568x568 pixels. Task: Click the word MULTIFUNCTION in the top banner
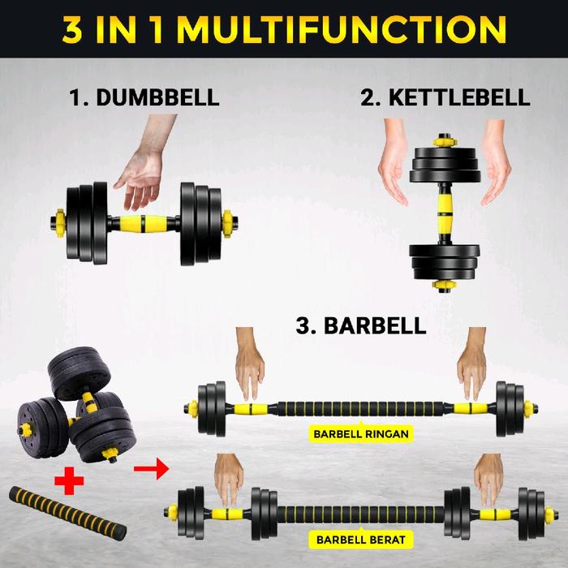[x=341, y=30]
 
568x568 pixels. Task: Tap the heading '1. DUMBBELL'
[x=144, y=97]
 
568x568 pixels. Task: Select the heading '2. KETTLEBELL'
[x=445, y=97]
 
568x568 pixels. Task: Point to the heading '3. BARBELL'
[x=361, y=325]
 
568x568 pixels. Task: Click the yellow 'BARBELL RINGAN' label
[x=361, y=433]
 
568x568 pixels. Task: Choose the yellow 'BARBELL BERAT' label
[x=361, y=540]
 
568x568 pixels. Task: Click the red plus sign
[x=69, y=480]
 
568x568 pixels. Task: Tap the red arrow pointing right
[x=152, y=469]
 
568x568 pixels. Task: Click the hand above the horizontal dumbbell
[x=145, y=163]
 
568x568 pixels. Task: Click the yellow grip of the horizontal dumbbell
[x=144, y=223]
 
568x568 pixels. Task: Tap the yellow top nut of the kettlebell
[x=445, y=141]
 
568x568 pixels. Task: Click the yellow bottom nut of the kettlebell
[x=445, y=285]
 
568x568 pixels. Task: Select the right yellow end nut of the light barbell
[x=529, y=409]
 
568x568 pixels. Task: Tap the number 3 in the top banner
[x=72, y=30]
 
